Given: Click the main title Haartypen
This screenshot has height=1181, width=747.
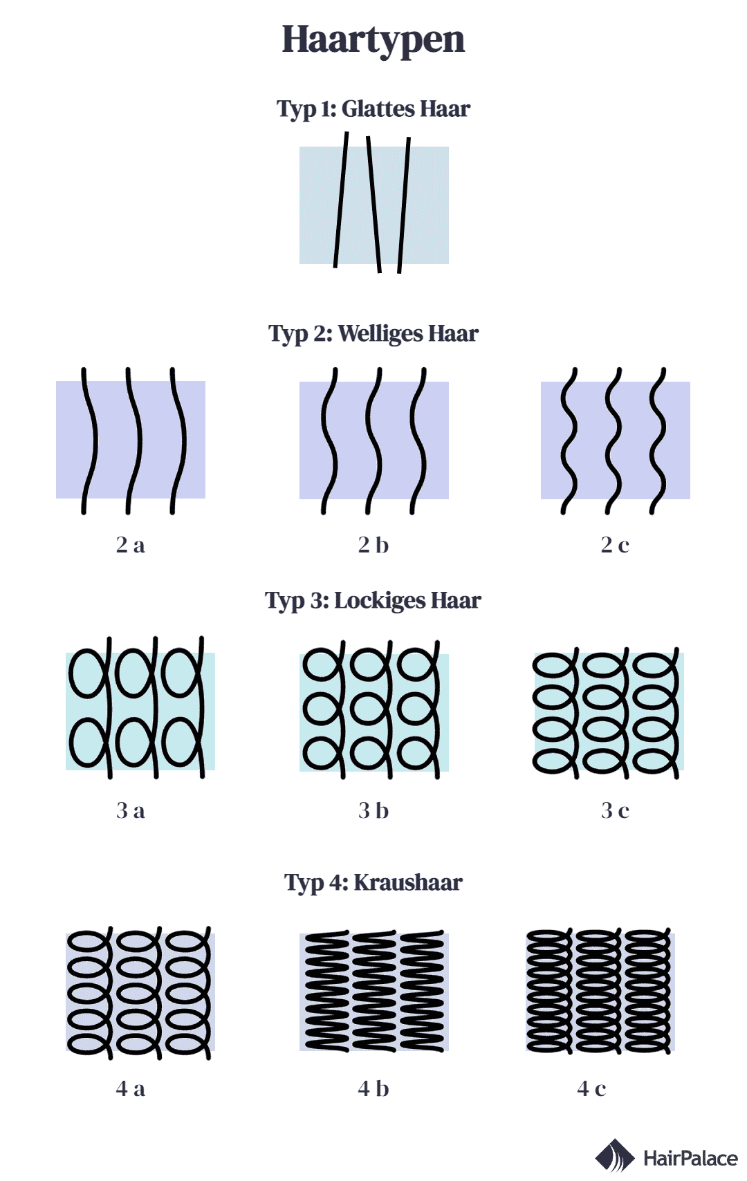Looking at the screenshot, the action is pyautogui.click(x=373, y=40).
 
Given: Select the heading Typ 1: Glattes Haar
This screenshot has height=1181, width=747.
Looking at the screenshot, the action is pyautogui.click(x=373, y=109).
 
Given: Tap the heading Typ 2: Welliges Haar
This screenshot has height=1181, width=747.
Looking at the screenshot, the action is pyautogui.click(x=373, y=334).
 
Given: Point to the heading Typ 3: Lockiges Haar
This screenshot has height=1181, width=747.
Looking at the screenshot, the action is pyautogui.click(x=373, y=600).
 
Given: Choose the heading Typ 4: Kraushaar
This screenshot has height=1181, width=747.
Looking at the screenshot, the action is pyautogui.click(x=373, y=882).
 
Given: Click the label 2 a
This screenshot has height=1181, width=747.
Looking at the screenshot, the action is pyautogui.click(x=130, y=545).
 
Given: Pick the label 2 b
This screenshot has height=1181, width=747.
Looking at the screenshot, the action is pyautogui.click(x=373, y=545).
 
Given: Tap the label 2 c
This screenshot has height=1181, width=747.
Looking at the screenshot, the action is pyautogui.click(x=615, y=545).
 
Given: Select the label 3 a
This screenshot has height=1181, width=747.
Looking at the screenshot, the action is pyautogui.click(x=130, y=811).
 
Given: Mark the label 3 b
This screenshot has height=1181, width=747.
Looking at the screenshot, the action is pyautogui.click(x=373, y=810).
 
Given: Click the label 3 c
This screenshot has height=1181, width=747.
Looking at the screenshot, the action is pyautogui.click(x=615, y=811).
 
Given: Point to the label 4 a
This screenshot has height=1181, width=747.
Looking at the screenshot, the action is pyautogui.click(x=130, y=1089).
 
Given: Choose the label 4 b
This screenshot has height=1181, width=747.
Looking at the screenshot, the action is pyautogui.click(x=373, y=1088).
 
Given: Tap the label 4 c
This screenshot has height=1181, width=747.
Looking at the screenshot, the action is pyautogui.click(x=591, y=1089).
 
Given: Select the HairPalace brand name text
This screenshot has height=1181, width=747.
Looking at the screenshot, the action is pyautogui.click(x=690, y=1158).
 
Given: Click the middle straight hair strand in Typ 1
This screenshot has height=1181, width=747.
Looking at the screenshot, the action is pyautogui.click(x=373, y=205).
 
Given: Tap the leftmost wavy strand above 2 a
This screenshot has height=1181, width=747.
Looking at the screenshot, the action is pyautogui.click(x=89, y=440).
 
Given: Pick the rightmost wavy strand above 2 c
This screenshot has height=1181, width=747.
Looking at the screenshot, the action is pyautogui.click(x=657, y=440).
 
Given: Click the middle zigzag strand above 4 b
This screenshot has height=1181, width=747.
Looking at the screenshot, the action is pyautogui.click(x=374, y=992).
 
